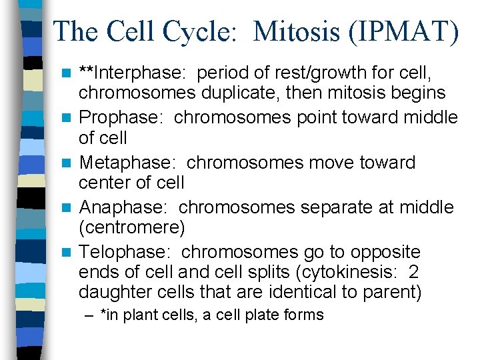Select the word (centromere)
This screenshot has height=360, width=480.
(x=131, y=227)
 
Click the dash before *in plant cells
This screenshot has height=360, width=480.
(x=90, y=315)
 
